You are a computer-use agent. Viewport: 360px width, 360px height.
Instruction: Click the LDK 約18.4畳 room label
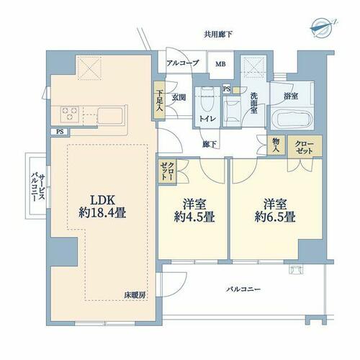tap(102, 207)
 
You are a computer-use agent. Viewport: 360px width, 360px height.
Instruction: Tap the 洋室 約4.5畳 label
tap(194, 210)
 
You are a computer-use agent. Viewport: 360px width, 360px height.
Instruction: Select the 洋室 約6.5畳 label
tap(275, 210)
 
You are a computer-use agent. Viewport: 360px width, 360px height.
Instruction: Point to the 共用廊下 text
tap(218, 35)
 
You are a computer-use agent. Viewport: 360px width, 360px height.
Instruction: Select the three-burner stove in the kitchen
tap(70, 113)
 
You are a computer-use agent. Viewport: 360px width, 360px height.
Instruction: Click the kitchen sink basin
tap(110, 116)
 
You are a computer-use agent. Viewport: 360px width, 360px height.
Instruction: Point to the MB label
tap(220, 64)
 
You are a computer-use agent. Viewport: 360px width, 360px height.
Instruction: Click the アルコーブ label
tap(183, 63)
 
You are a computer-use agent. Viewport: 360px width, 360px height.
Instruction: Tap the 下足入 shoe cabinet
tap(159, 100)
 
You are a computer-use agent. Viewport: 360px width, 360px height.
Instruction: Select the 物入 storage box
tap(276, 145)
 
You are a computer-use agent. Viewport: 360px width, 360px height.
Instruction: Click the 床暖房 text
tap(135, 295)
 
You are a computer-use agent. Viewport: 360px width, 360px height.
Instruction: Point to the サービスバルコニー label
tap(37, 188)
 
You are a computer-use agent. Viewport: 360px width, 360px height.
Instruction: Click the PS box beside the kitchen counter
tap(60, 132)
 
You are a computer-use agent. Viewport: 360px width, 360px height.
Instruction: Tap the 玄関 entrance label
tap(179, 98)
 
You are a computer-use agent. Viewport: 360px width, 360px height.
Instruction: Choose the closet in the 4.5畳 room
tap(167, 171)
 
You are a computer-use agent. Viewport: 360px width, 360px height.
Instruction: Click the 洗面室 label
tap(254, 103)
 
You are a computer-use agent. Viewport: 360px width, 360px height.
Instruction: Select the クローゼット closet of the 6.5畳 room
tap(305, 146)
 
